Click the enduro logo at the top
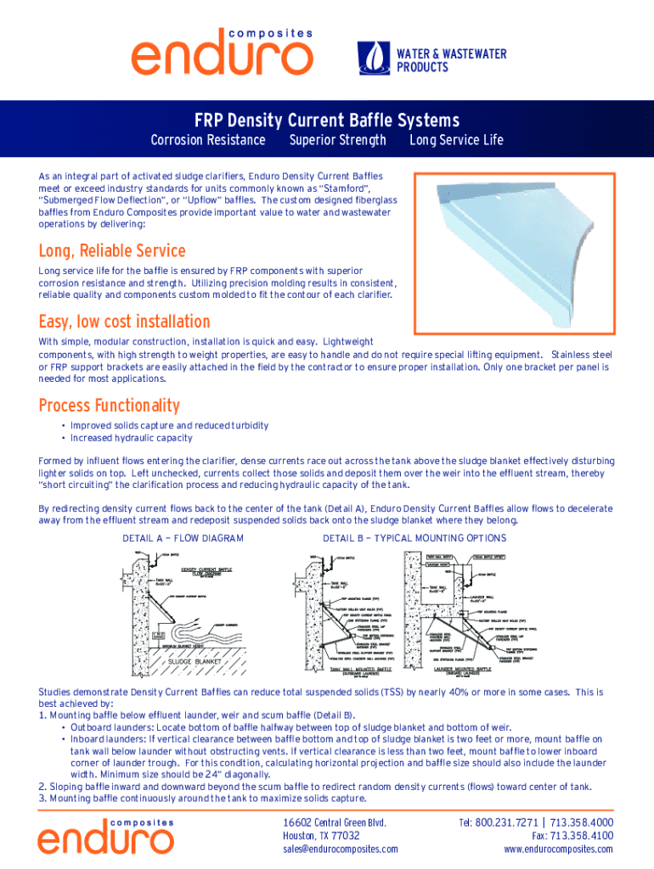click(221, 51)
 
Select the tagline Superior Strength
click(337, 140)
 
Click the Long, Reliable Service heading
click(112, 251)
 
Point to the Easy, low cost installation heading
click(124, 322)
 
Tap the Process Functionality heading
click(109, 406)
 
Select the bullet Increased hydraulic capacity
click(131, 438)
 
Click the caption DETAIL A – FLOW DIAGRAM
click(183, 538)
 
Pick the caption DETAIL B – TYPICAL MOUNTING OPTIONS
click(414, 538)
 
